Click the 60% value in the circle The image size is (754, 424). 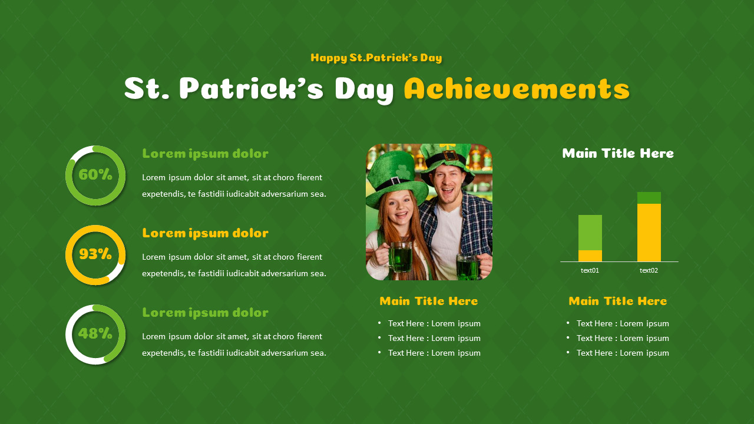pos(95,175)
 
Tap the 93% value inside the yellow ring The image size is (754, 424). pos(95,254)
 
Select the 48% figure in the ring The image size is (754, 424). pos(95,334)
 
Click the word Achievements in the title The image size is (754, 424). pos(517,90)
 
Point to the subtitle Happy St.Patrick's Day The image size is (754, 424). pos(376,58)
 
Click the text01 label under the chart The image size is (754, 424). pos(590,270)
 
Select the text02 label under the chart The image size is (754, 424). pos(649,270)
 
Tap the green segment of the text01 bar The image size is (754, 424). pos(590,232)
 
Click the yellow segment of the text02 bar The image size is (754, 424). pos(649,232)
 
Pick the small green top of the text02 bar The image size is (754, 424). pos(649,198)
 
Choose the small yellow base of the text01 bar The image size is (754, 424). pos(590,256)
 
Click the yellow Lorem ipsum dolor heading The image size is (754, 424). pos(205,233)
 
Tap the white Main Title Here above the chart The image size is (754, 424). pos(617,154)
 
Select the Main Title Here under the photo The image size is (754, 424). pos(428,302)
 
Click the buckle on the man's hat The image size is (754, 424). pos(449,155)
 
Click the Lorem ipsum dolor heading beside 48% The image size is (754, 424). pos(205,313)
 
